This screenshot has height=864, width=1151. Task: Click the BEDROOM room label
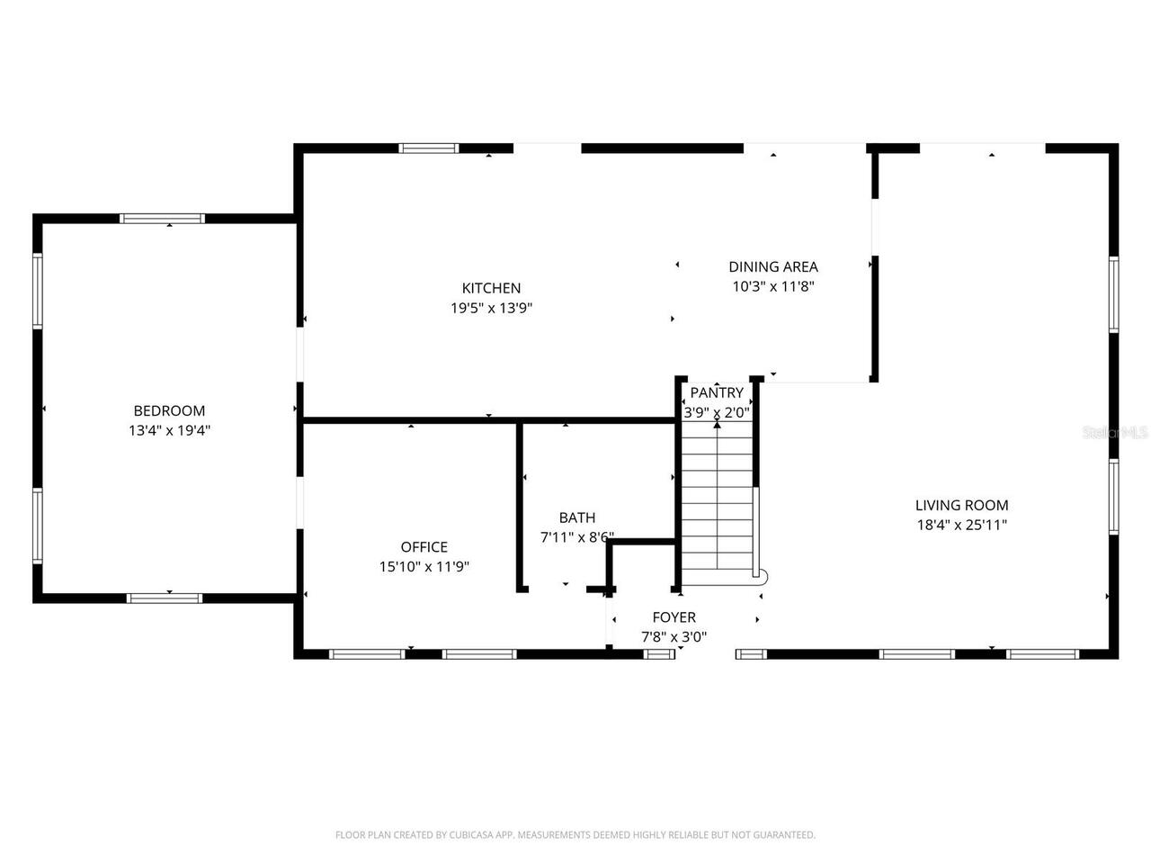(x=169, y=411)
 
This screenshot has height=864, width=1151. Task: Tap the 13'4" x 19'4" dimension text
(x=169, y=431)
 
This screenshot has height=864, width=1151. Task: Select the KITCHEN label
(x=491, y=288)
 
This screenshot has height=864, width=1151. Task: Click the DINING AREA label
(x=772, y=266)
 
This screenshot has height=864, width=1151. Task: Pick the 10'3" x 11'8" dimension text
(x=772, y=287)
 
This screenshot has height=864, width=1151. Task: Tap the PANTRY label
(x=717, y=392)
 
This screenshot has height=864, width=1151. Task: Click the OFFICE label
(x=424, y=547)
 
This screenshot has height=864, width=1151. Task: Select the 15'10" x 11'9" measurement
(x=424, y=567)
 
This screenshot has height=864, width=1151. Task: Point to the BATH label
(x=576, y=517)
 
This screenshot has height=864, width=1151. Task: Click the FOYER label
(x=674, y=617)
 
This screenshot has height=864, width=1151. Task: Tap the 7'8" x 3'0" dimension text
(x=674, y=637)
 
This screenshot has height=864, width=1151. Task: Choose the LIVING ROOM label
(x=961, y=506)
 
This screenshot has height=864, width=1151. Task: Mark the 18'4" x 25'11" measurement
(x=961, y=526)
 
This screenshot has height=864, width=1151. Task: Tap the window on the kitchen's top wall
(x=429, y=148)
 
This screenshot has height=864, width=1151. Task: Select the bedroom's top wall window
(x=163, y=218)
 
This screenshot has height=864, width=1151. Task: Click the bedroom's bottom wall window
(x=165, y=597)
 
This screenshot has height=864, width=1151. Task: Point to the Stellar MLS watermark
(x=1115, y=432)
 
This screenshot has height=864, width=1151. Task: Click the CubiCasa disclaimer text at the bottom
(x=575, y=835)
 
